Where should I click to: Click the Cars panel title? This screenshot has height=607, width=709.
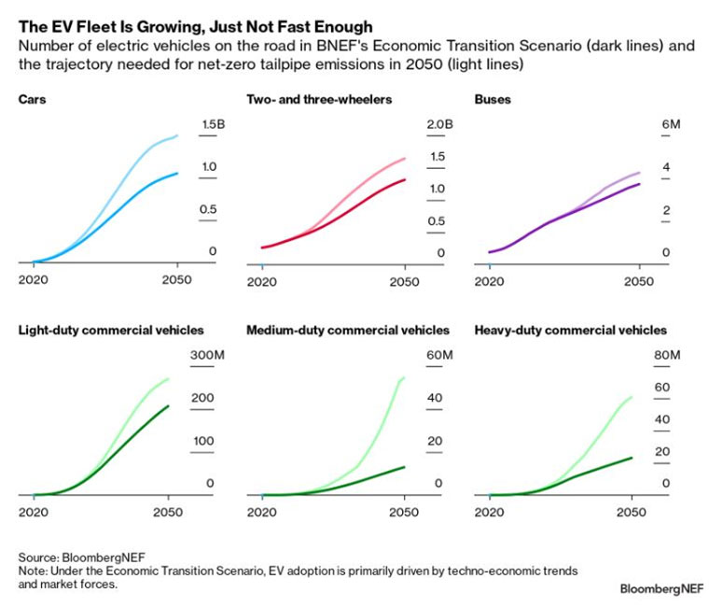tap(33, 99)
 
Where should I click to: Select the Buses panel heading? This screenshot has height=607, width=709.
tap(493, 99)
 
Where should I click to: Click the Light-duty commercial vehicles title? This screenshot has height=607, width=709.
tap(111, 331)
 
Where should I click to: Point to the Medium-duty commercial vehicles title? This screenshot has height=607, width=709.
tap(348, 331)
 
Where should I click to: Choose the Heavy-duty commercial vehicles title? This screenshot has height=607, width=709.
tap(570, 331)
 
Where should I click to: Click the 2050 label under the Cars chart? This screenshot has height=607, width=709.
tap(177, 280)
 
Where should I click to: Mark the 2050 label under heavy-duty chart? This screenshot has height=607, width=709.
tap(632, 512)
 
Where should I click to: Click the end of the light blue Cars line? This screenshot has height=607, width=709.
tap(178, 136)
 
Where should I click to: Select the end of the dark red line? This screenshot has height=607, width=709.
tap(406, 179)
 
